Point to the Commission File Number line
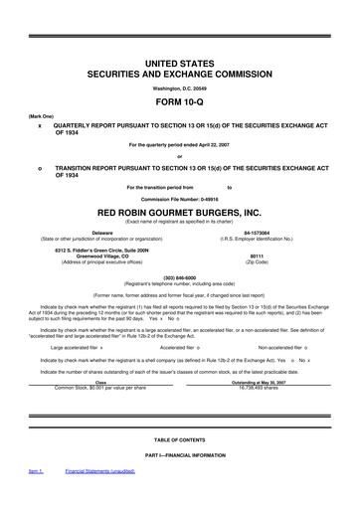pyautogui.click(x=180, y=199)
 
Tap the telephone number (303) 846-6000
pyautogui.click(x=180, y=279)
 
